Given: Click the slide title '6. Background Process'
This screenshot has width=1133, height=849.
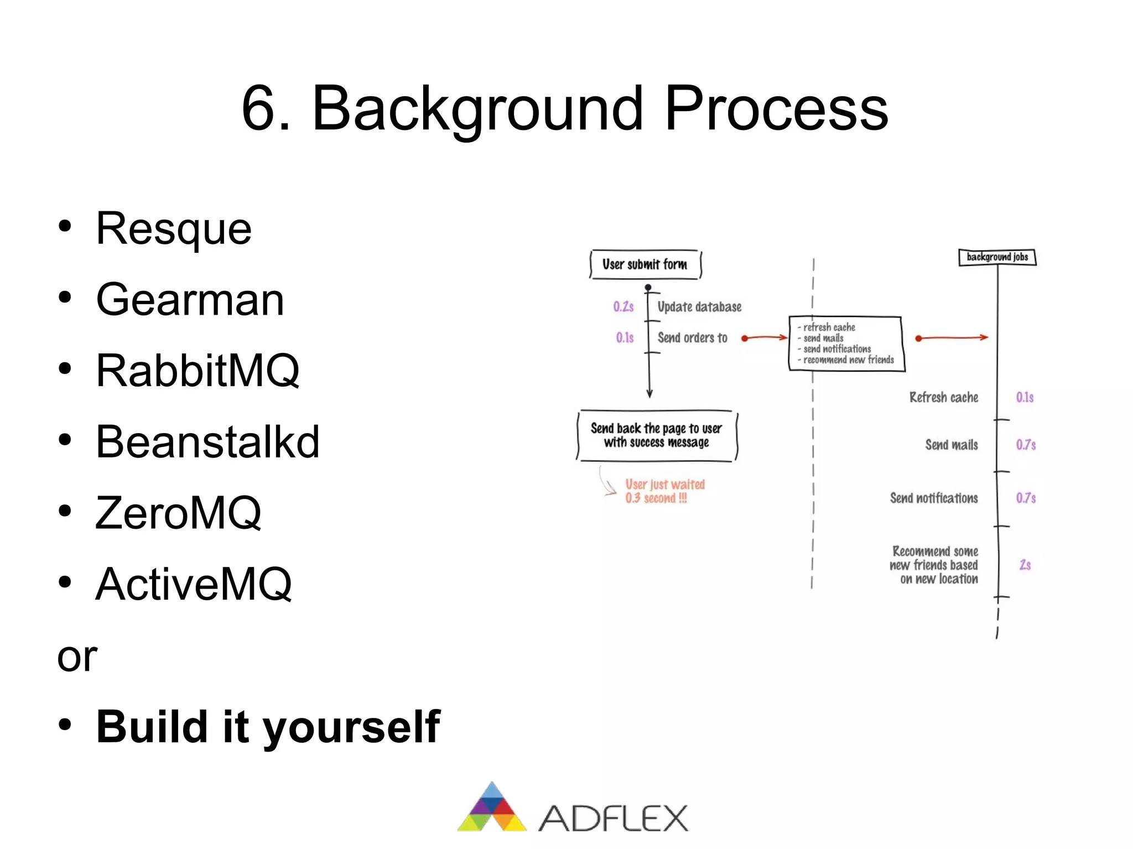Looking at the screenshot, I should pos(565,108).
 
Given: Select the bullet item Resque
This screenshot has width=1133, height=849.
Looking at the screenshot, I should pos(173,229).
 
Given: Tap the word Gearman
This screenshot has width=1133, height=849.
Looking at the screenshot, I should pos(190,300).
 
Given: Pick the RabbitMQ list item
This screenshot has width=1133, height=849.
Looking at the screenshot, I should pos(198,371).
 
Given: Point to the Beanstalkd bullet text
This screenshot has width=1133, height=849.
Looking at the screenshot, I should pos(207,442).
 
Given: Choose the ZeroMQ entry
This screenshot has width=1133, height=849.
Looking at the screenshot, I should pos(178,513).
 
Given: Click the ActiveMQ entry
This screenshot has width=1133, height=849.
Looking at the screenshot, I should pos(194,584).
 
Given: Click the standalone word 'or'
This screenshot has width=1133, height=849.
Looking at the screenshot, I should pos(77,657).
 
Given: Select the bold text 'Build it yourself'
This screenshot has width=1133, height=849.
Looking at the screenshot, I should pos(268,727).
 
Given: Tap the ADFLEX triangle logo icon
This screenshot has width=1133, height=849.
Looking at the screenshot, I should pos(492,808).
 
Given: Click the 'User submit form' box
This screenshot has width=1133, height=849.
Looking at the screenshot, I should pos(645,264).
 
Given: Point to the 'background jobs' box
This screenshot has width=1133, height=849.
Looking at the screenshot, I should pos(997,257).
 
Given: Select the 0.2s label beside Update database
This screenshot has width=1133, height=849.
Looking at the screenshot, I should pos(623,307).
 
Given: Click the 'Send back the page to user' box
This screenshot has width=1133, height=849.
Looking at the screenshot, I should pos(657,435).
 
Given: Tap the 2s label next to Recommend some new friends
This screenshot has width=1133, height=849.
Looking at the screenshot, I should pos(1025,565).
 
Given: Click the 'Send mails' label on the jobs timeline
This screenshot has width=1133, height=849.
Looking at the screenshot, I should pos(951,445).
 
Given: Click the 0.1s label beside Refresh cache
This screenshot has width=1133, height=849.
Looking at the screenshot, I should pos(1025,398).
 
